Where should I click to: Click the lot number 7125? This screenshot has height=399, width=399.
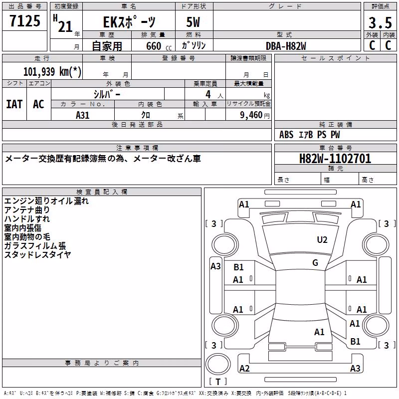coord(25,20)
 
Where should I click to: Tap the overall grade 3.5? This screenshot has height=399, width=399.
coord(380,22)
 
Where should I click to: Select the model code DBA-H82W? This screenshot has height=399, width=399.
coord(286,46)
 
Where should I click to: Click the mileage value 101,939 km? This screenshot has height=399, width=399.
coord(52,72)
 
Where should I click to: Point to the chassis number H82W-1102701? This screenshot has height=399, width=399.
coord(335,159)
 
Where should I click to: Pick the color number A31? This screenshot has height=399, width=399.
coord(83,115)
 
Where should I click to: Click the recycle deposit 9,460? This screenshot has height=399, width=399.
coord(251,115)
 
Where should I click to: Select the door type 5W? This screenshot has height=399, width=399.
coord(193,22)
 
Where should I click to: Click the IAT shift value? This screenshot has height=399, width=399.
coord(14,104)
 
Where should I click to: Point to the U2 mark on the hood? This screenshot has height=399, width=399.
coord(322,239)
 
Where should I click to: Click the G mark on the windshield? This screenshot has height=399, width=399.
coord(315,263)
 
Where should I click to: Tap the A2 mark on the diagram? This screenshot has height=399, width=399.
coord(244,368)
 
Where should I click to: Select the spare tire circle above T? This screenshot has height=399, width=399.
coord(218,364)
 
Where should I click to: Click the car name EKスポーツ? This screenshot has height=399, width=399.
coord(129,22)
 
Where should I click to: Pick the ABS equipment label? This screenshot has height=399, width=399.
coord(286,135)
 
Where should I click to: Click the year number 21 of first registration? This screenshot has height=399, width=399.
coord(65,26)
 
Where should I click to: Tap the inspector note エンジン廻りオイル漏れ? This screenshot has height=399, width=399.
coord(46,201)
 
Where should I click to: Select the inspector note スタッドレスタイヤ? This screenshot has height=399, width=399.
coord(37,254)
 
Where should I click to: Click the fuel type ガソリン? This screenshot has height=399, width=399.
coord(194,45)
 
